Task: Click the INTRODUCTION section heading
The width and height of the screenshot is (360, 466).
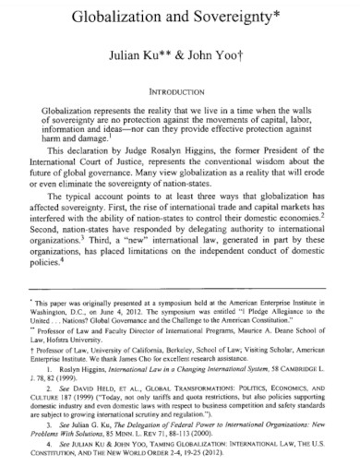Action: pos(178,91)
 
